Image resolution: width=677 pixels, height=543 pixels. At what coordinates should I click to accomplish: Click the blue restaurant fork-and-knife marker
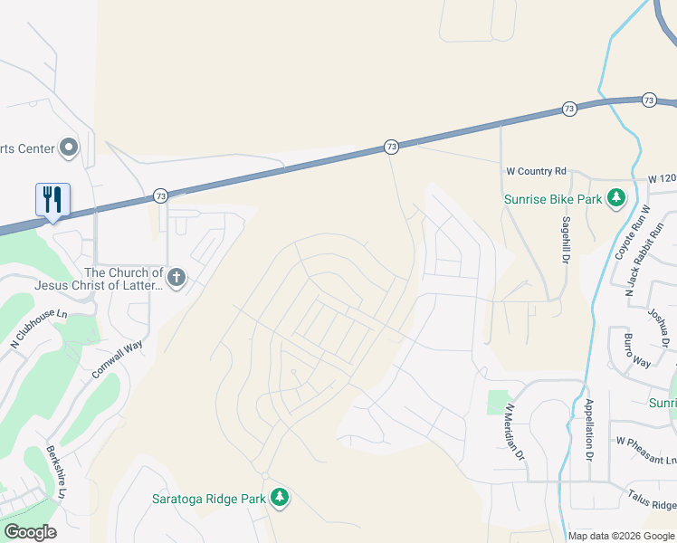pos(52,200)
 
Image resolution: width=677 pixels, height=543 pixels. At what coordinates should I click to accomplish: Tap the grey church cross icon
pos(176,278)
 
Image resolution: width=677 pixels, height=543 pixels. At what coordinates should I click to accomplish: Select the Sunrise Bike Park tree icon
pos(615,197)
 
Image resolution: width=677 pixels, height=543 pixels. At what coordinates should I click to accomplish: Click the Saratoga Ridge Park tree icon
pos(281,496)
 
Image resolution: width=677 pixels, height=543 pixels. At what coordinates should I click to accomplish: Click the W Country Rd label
pos(535,170)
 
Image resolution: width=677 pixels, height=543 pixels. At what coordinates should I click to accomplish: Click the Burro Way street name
pos(637,350)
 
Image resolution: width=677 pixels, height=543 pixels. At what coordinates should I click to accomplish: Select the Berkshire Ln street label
pos(56,472)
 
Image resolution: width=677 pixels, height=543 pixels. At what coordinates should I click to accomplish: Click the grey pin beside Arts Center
pos(69,148)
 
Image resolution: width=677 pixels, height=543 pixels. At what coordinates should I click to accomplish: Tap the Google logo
pos(30,531)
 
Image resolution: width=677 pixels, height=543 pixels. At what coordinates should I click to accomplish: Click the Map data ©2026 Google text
pos(621,536)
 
